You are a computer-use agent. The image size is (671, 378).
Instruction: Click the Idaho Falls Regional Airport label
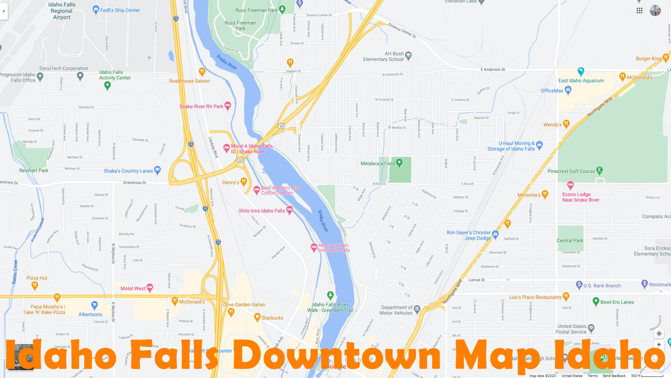coord(62,11)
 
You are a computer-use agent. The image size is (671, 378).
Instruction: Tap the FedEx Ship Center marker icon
coord(96,9)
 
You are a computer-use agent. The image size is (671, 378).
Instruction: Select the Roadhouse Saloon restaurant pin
coord(202,71)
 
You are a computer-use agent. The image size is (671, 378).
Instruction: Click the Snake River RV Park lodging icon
coord(228,105)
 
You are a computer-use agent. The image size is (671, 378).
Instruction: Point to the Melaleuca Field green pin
coord(399,162)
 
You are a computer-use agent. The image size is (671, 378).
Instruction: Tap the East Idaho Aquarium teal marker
coord(581,71)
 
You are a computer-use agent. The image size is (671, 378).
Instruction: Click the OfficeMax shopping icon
coord(568,90)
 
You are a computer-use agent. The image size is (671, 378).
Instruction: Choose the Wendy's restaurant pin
coord(567,124)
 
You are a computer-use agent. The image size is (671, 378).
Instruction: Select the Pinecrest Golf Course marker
coord(600,170)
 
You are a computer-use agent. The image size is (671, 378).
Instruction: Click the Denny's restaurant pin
coord(244,181)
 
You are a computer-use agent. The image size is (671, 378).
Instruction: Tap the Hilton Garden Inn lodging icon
coord(314,247)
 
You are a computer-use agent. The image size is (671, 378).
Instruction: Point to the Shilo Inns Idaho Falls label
coord(261,211)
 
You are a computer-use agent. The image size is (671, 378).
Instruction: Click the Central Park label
coord(570,240)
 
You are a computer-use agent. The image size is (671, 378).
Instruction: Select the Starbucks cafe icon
coord(257,317)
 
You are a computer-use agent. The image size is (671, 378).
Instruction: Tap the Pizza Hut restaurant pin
coord(35,286)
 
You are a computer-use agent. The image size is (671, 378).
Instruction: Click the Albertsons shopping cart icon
coord(94,305)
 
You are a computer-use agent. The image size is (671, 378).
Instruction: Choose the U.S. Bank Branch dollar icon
coord(579,285)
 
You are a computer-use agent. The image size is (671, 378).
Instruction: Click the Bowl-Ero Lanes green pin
coord(596,301)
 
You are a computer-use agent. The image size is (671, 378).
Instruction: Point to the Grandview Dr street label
coord(135,183)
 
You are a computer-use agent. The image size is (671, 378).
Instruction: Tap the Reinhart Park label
coord(34,170)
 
